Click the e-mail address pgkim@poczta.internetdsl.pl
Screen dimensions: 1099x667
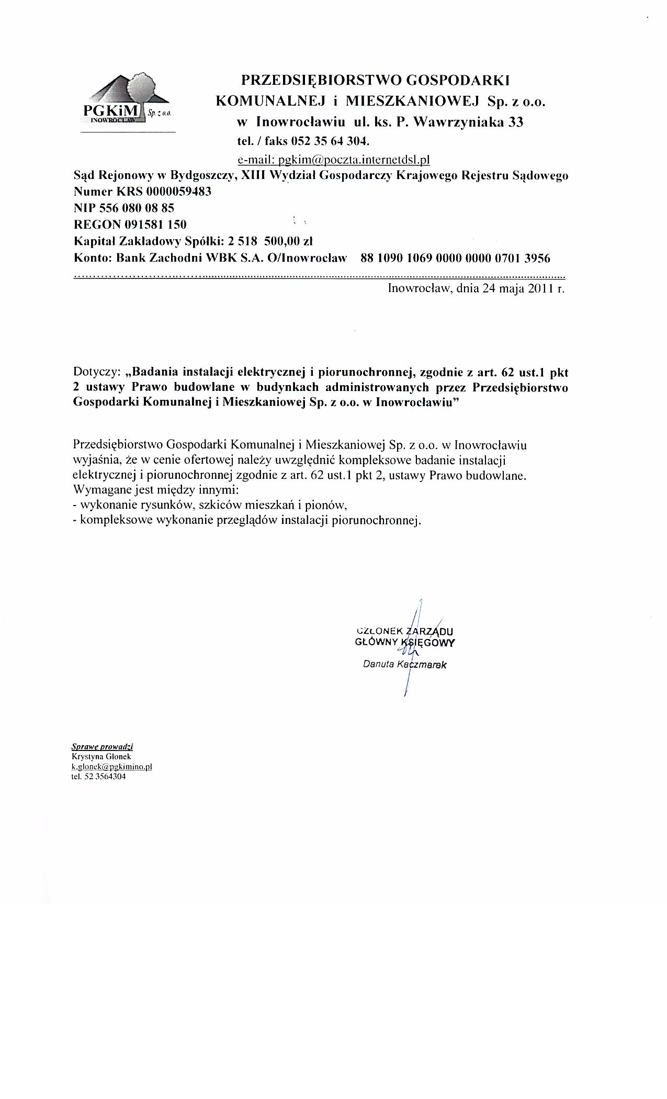(333, 159)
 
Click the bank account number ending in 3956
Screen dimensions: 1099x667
(455, 258)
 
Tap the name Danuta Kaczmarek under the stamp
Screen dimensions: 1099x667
(405, 665)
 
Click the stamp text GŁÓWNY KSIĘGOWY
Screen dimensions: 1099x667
(404, 642)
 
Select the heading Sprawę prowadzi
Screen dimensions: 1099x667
(102, 746)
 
